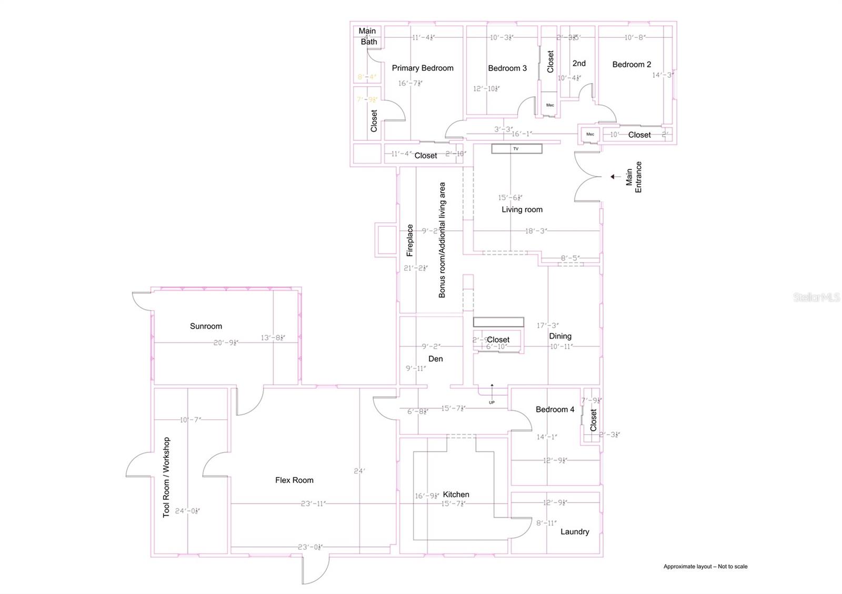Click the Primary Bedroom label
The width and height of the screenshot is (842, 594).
pyautogui.click(x=423, y=68)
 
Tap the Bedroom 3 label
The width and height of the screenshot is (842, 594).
pyautogui.click(x=507, y=68)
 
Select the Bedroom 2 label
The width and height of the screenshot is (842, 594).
pyautogui.click(x=631, y=65)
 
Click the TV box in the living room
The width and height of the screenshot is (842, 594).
pyautogui.click(x=516, y=149)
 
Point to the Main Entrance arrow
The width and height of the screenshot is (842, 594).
pyautogui.click(x=615, y=177)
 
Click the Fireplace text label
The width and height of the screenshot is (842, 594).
pyautogui.click(x=410, y=240)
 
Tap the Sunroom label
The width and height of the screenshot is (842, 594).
pyautogui.click(x=206, y=326)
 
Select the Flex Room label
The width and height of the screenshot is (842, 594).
pyautogui.click(x=294, y=480)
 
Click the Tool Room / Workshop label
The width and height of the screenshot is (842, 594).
pyautogui.click(x=166, y=477)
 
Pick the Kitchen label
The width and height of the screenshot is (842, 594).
pyautogui.click(x=456, y=494)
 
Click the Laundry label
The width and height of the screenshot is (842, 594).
pyautogui.click(x=575, y=531)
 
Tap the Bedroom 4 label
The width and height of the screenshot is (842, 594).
pyautogui.click(x=555, y=409)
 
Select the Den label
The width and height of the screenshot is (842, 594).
pyautogui.click(x=436, y=359)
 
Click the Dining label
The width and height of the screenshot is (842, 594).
pyautogui.click(x=560, y=336)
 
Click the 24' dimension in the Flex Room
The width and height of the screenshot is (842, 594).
pyautogui.click(x=359, y=471)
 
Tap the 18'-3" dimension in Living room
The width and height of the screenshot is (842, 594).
pyautogui.click(x=536, y=231)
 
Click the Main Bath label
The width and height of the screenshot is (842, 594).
pyautogui.click(x=367, y=36)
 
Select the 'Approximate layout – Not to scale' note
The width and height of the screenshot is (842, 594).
pyautogui.click(x=705, y=566)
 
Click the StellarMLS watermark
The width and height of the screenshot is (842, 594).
pyautogui.click(x=816, y=298)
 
